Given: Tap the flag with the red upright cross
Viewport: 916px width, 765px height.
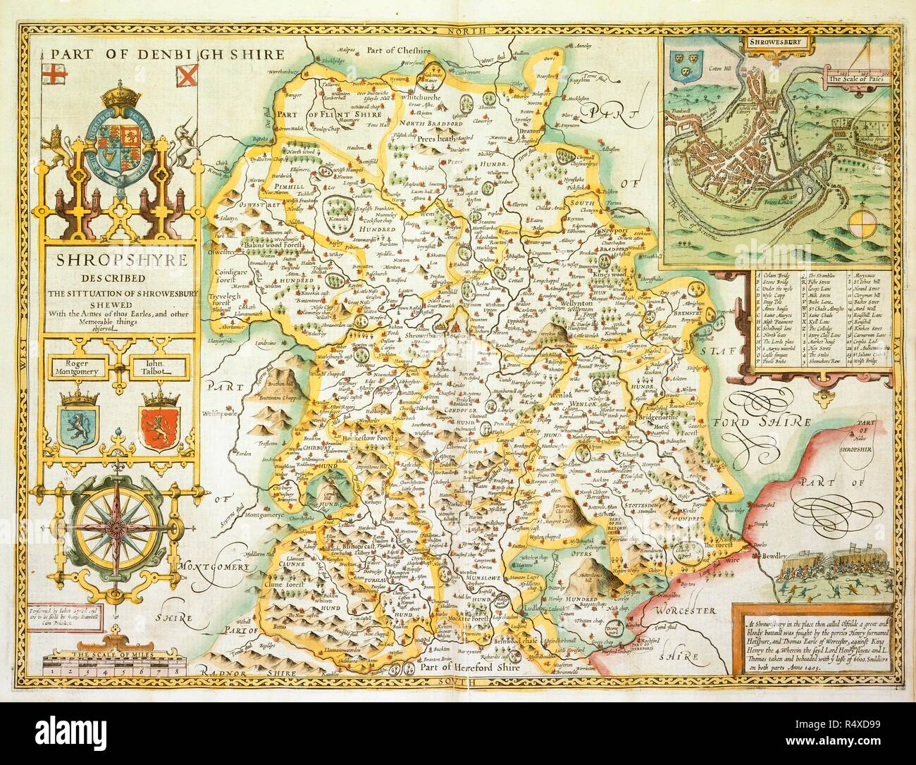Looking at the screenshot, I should pos(53,73).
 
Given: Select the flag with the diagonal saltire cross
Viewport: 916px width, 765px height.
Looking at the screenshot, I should pos(185,73).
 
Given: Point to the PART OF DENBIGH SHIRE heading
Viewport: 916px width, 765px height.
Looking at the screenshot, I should pos(166,54).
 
